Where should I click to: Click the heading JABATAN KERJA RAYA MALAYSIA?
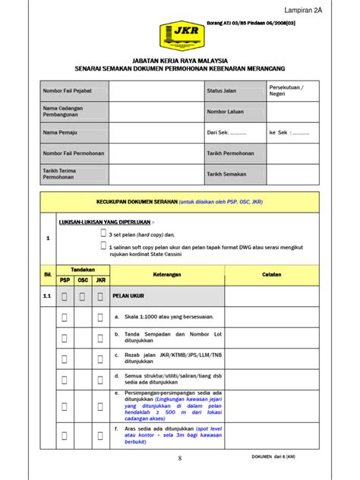(x=179, y=59)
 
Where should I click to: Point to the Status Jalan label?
(x=221, y=90)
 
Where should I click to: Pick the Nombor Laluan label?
(x=225, y=112)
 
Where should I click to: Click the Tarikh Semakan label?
(x=226, y=174)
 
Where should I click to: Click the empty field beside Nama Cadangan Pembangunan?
(x=155, y=112)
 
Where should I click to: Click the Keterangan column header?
(x=166, y=275)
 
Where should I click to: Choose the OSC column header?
(x=83, y=280)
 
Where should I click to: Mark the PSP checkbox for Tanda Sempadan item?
(x=65, y=338)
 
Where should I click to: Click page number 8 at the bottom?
(x=180, y=458)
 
